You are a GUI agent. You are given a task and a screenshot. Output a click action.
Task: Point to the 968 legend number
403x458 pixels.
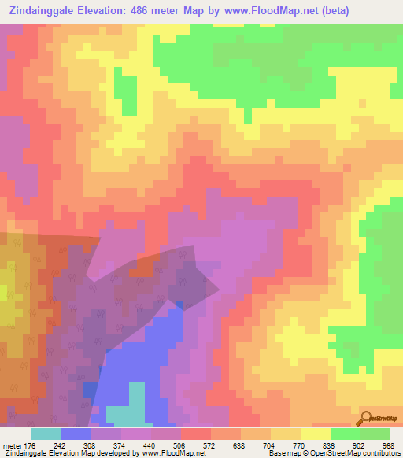tap(386, 445)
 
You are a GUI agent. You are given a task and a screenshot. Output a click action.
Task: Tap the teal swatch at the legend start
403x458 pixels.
tap(46, 434)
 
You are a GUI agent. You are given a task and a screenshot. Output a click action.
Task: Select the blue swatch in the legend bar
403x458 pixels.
tap(76, 434)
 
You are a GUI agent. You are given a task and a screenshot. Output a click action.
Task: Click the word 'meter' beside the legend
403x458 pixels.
tap(12, 445)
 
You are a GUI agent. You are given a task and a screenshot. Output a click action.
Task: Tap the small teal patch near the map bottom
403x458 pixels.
tap(126, 414)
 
